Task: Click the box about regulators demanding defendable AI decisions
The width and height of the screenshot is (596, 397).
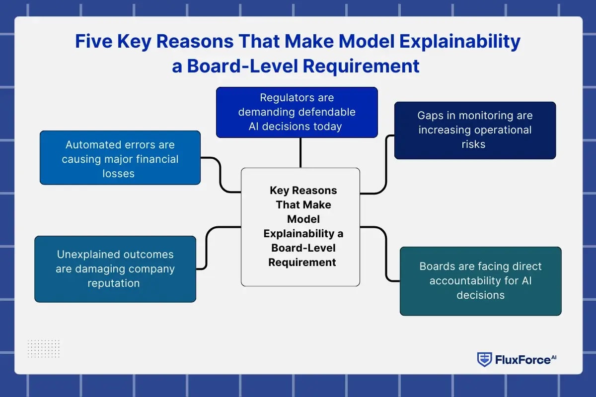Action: pyautogui.click(x=297, y=112)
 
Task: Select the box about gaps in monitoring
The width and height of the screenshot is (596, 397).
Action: pyautogui.click(x=475, y=130)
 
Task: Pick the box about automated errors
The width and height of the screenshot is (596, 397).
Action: pyautogui.click(x=120, y=157)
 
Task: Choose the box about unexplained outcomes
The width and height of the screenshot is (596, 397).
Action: pyautogui.click(x=115, y=269)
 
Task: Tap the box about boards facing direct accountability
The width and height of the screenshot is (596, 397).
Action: pyautogui.click(x=480, y=281)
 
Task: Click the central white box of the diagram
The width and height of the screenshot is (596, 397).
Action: pyautogui.click(x=300, y=227)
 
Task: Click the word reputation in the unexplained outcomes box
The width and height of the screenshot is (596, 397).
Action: pyautogui.click(x=113, y=283)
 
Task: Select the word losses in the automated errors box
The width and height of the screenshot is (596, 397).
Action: pyautogui.click(x=118, y=174)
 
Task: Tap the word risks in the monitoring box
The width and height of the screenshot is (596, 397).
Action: pyautogui.click(x=473, y=144)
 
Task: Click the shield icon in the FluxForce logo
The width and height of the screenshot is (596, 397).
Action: pyautogui.click(x=484, y=359)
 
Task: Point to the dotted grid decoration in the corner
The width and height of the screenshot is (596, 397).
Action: pyautogui.click(x=43, y=349)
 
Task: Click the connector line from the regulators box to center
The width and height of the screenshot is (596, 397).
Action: pyautogui.click(x=300, y=152)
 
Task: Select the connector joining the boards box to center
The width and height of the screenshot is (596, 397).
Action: pyautogui.click(x=386, y=253)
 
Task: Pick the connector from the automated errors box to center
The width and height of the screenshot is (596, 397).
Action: pyautogui.click(x=220, y=175)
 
